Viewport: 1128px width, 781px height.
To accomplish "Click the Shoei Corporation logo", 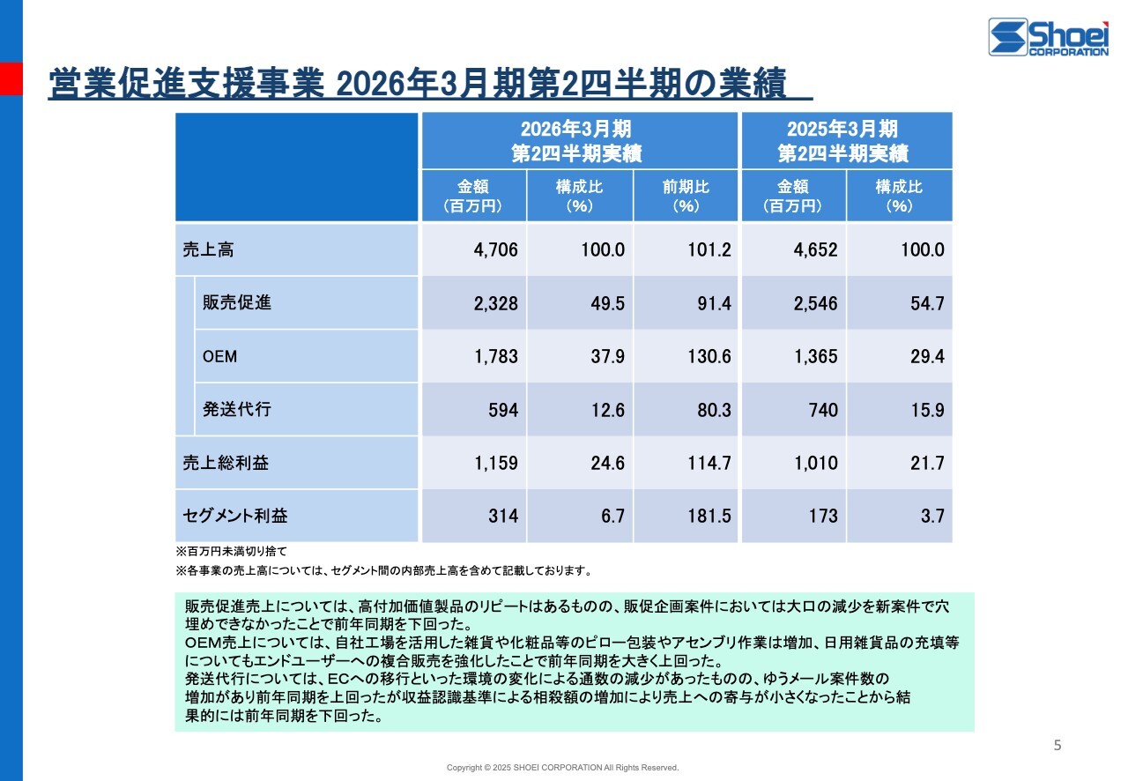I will [1048, 37].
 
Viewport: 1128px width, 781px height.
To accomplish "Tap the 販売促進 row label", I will [237, 302].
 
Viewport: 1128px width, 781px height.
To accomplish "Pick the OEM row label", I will [219, 356].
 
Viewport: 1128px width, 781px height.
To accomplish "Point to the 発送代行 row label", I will [237, 409].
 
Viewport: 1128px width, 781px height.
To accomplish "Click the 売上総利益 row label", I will [226, 463].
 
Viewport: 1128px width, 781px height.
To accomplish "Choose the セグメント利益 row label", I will [235, 516].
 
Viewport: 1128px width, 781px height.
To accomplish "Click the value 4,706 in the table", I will [495, 249].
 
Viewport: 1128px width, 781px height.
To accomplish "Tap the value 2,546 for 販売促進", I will [815, 303].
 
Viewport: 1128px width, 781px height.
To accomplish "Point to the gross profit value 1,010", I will [815, 463].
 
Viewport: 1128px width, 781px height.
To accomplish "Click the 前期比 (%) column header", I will [686, 196].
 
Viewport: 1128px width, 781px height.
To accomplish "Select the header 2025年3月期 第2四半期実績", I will [846, 141].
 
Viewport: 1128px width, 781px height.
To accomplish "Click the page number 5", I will [1057, 746].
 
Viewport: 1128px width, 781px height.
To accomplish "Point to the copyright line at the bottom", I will [562, 768].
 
